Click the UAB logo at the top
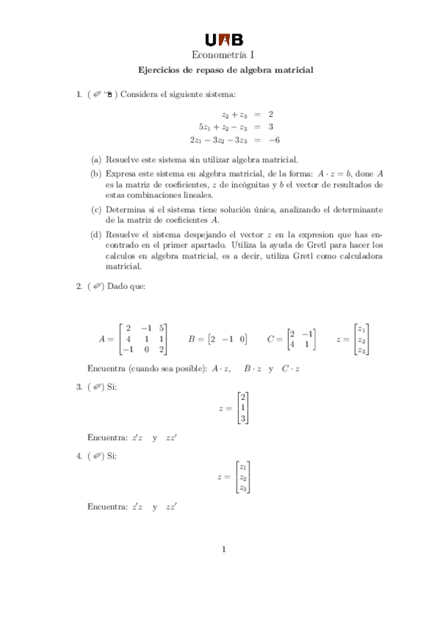[223, 39]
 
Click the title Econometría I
[223, 55]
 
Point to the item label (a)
[96, 159]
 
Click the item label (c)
[96, 209]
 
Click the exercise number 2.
[79, 286]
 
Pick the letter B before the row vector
[192, 339]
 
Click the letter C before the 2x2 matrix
[271, 339]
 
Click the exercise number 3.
[79, 387]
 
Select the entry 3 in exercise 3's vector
[243, 419]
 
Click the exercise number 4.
[79, 456]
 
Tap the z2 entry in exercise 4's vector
[243, 477]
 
